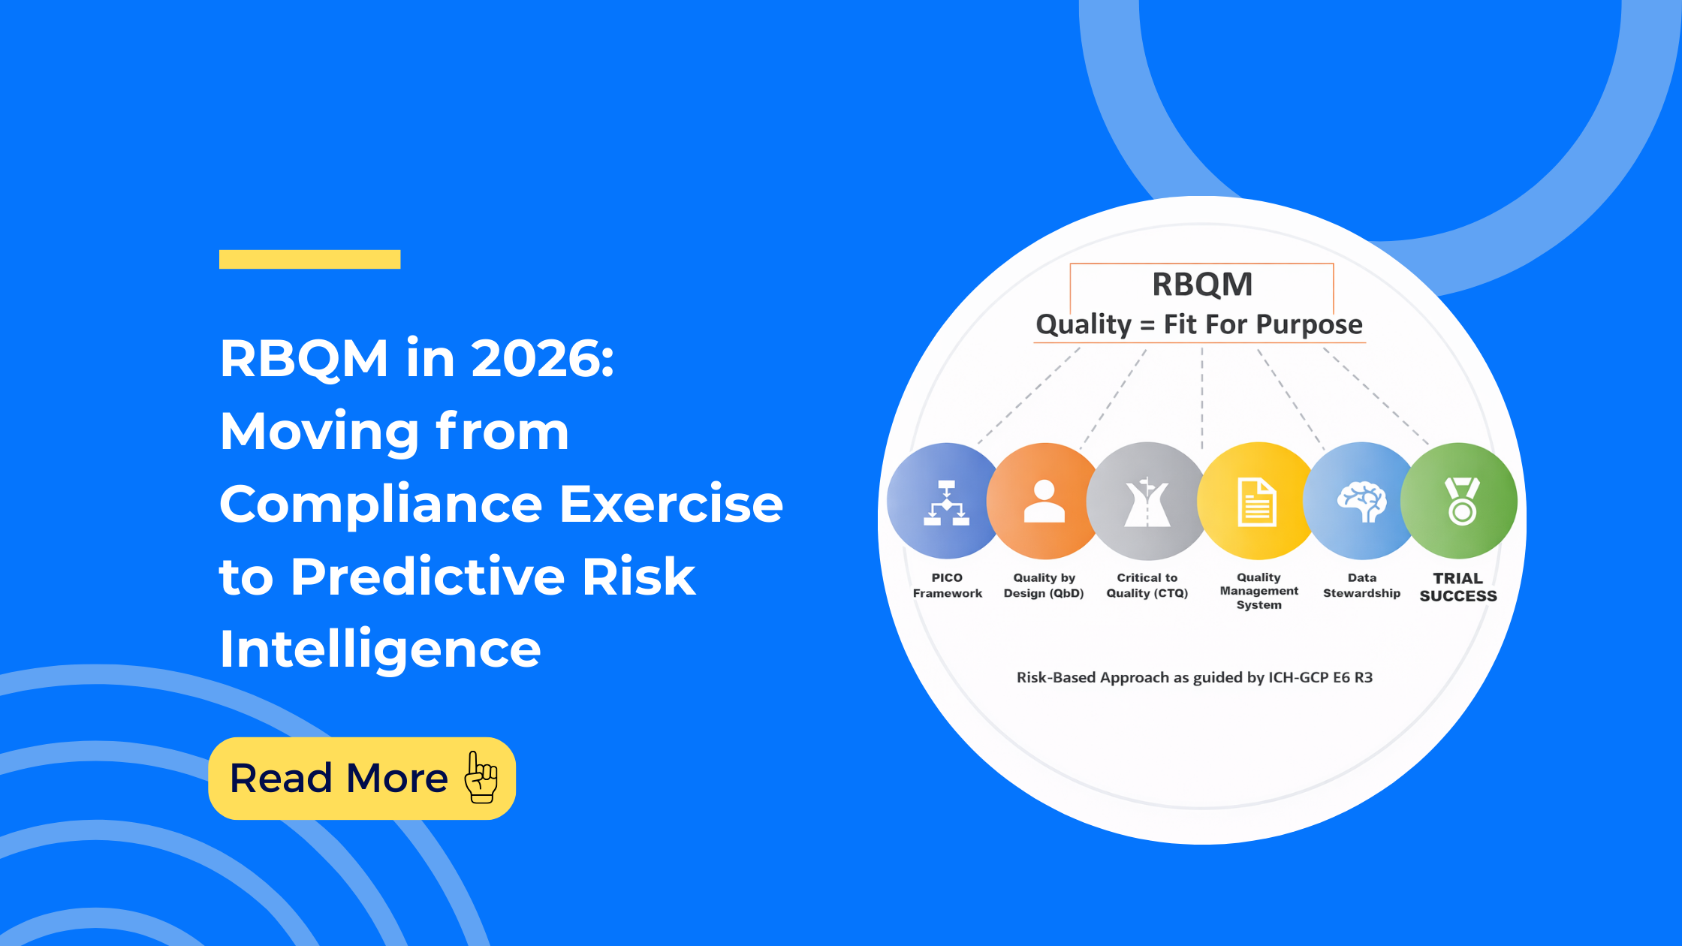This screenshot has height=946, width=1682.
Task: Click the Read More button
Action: tap(362, 778)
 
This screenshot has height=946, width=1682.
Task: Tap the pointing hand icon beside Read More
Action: tap(481, 777)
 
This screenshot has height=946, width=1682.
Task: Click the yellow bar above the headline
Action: tap(309, 259)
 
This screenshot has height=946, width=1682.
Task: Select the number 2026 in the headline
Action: tap(542, 358)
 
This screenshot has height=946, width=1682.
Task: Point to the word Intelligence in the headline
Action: tap(380, 649)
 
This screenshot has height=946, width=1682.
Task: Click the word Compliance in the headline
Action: tap(381, 505)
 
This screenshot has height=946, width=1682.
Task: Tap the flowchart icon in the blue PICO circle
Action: tap(946, 502)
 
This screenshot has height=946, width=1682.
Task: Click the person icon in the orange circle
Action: tap(1044, 501)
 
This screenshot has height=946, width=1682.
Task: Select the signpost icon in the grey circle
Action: tap(1147, 502)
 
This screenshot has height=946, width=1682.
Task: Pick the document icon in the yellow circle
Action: tap(1257, 502)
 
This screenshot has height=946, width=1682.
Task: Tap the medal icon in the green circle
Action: tap(1461, 501)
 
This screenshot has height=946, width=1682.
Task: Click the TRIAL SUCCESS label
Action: tap(1458, 587)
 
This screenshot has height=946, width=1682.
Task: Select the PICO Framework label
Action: tap(947, 586)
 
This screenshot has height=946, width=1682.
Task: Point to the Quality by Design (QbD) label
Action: tap(1044, 586)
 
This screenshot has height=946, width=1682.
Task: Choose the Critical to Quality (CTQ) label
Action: tap(1147, 586)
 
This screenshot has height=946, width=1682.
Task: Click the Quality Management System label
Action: tap(1258, 591)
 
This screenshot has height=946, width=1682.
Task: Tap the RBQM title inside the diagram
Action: tap(1202, 285)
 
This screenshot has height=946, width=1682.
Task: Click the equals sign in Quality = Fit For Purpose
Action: tap(1147, 325)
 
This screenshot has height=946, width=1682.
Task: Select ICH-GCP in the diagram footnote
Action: tap(1298, 677)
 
